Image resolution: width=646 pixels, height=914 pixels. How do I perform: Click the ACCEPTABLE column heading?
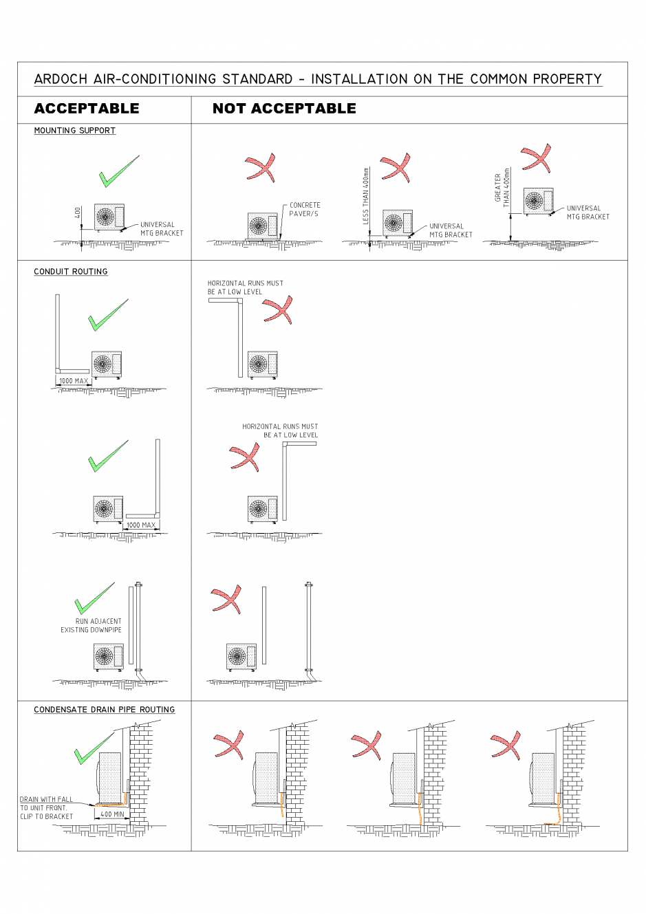[87, 109]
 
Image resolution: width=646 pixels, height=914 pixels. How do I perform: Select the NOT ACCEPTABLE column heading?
[284, 109]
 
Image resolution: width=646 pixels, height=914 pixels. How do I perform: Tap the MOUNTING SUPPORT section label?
[75, 131]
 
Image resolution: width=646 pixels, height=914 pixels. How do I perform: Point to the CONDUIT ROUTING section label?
[71, 272]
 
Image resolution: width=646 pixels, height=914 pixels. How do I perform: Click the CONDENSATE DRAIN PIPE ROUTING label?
[105, 710]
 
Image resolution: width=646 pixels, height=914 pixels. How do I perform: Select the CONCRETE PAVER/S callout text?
[304, 209]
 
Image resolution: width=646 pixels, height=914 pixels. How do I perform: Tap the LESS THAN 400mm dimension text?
[366, 196]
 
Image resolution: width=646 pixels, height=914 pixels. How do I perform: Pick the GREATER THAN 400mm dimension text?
[502, 187]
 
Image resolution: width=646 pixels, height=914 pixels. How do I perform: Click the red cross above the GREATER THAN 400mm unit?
[537, 158]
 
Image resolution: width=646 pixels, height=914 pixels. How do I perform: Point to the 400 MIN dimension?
[112, 814]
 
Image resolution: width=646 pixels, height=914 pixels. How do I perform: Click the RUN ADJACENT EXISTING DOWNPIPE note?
[91, 625]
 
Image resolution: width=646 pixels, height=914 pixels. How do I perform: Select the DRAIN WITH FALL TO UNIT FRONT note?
[46, 807]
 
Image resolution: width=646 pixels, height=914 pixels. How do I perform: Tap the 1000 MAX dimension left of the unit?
[74, 381]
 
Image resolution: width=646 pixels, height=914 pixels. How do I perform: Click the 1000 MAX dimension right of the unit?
[141, 525]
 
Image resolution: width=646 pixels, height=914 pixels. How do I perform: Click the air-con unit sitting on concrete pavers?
[262, 226]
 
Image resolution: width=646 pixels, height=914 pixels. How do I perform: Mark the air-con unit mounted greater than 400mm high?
[538, 201]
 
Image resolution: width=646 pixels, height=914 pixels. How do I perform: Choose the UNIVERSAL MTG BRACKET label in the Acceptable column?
[162, 229]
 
